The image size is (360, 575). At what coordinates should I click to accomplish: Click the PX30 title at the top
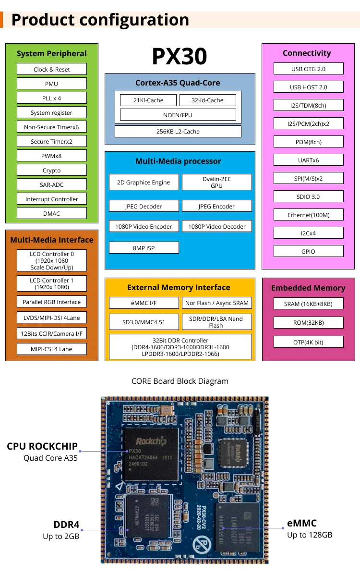[x=179, y=57]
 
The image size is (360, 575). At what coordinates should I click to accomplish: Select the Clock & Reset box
[x=52, y=69]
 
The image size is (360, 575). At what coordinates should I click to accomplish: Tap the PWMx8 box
[x=52, y=156]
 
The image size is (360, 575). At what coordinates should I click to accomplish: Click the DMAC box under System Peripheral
[x=52, y=213]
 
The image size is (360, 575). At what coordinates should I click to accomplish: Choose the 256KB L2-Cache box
[x=178, y=131]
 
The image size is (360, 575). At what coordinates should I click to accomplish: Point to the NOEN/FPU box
[x=178, y=115]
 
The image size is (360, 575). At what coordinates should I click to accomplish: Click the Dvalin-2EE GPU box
[x=216, y=182]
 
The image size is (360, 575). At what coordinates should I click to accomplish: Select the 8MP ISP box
[x=144, y=248]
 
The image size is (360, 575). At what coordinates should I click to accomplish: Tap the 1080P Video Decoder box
[x=216, y=226]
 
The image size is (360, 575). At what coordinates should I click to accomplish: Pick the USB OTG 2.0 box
[x=308, y=69]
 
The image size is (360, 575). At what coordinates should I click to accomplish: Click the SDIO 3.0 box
[x=308, y=196]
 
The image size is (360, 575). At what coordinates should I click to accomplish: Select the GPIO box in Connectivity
[x=308, y=251]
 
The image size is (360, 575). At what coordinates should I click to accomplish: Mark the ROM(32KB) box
[x=308, y=322]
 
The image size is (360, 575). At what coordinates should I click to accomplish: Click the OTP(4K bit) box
[x=308, y=342]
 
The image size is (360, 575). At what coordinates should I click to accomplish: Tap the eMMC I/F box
[x=144, y=303]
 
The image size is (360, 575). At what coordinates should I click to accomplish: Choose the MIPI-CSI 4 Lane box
[x=52, y=349]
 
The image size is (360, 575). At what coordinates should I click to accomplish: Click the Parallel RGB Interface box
[x=52, y=302]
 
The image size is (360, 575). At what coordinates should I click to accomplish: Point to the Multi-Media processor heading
[x=178, y=161]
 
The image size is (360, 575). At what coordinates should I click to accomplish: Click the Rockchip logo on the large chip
[x=151, y=440]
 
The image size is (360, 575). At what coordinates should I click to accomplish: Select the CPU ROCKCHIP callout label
[x=42, y=446]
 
